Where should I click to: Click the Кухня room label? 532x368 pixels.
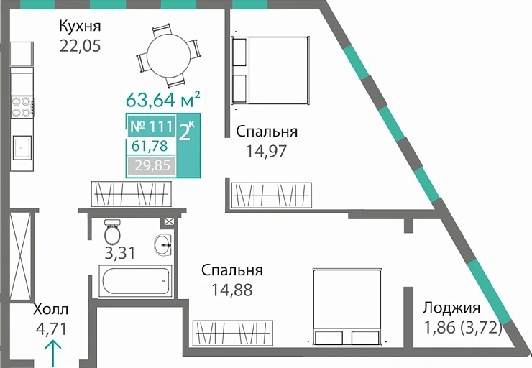coord(80,27)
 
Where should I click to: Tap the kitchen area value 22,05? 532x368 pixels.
coord(80,46)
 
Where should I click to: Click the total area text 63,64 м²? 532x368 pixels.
coord(162,98)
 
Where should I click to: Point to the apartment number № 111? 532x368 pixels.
coord(151,127)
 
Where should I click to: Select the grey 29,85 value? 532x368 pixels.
coord(150,167)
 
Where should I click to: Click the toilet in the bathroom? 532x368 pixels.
coord(112,231)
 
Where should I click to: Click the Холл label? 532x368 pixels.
coord(51,310)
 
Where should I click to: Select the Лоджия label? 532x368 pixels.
coord(451,308)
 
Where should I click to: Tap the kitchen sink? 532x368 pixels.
coord(22,148)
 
